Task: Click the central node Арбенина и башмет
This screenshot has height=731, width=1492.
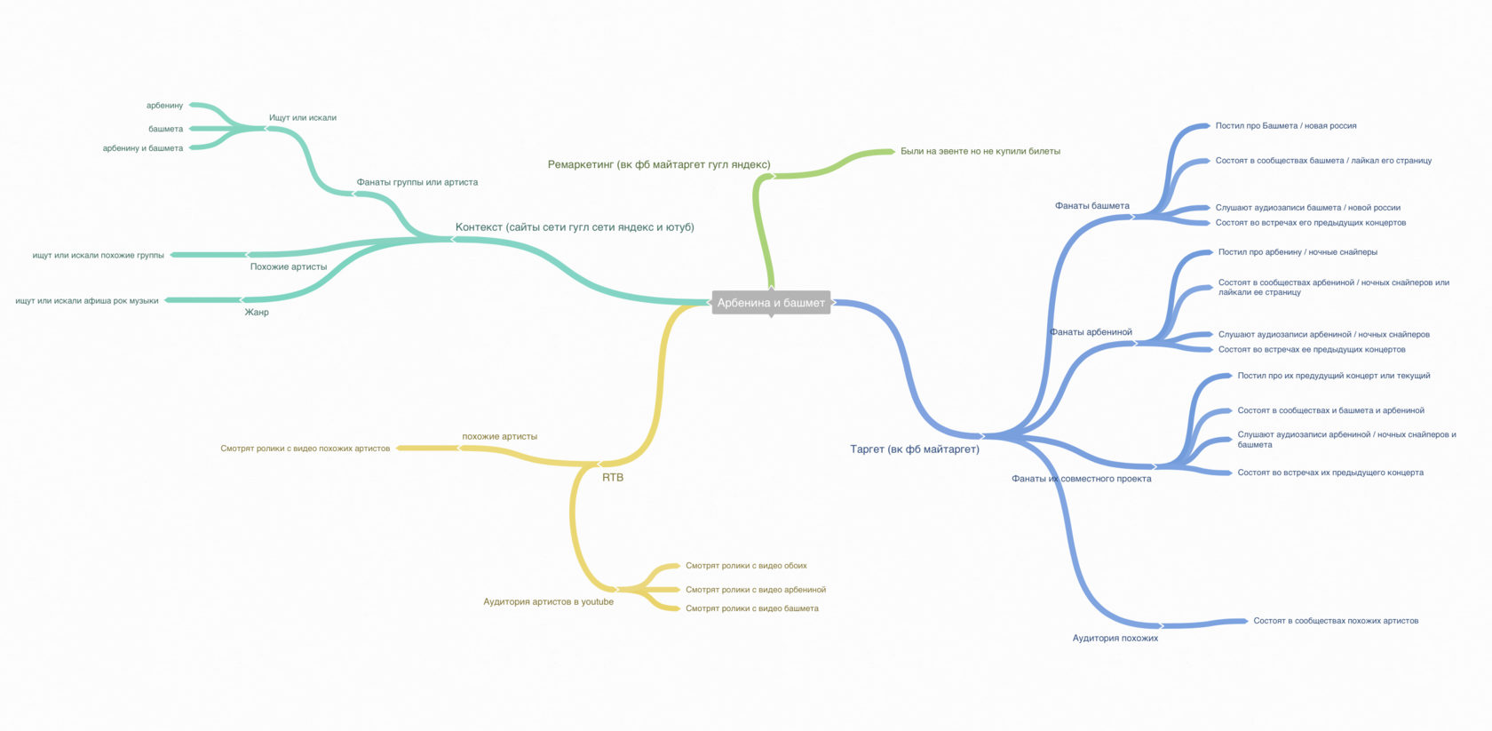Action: [771, 303]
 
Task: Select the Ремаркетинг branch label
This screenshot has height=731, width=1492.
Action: [659, 164]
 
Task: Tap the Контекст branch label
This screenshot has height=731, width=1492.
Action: [574, 227]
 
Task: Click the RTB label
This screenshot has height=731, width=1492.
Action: [613, 478]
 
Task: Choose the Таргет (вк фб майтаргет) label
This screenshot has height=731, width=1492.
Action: [915, 449]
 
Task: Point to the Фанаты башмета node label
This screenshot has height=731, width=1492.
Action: [1091, 206]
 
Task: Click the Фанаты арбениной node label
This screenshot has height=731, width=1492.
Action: [1091, 332]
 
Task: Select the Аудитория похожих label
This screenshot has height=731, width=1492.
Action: [1115, 638]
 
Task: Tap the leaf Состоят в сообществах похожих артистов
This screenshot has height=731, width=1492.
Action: [1336, 620]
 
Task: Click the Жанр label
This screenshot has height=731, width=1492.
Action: [257, 312]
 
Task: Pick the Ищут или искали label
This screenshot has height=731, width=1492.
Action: [302, 117]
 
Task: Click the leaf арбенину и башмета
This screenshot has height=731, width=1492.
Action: [142, 148]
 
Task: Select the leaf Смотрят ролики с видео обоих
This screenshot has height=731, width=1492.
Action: [746, 566]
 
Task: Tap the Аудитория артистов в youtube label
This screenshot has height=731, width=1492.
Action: [548, 601]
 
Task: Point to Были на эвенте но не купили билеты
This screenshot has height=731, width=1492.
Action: [980, 151]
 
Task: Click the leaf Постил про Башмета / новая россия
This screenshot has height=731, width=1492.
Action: [1286, 126]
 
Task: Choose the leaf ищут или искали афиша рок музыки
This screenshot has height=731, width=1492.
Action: [87, 300]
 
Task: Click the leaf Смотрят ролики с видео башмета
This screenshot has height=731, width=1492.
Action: [752, 608]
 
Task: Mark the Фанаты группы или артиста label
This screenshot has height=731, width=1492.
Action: [417, 182]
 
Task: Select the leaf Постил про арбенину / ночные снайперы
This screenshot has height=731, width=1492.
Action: [1298, 252]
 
